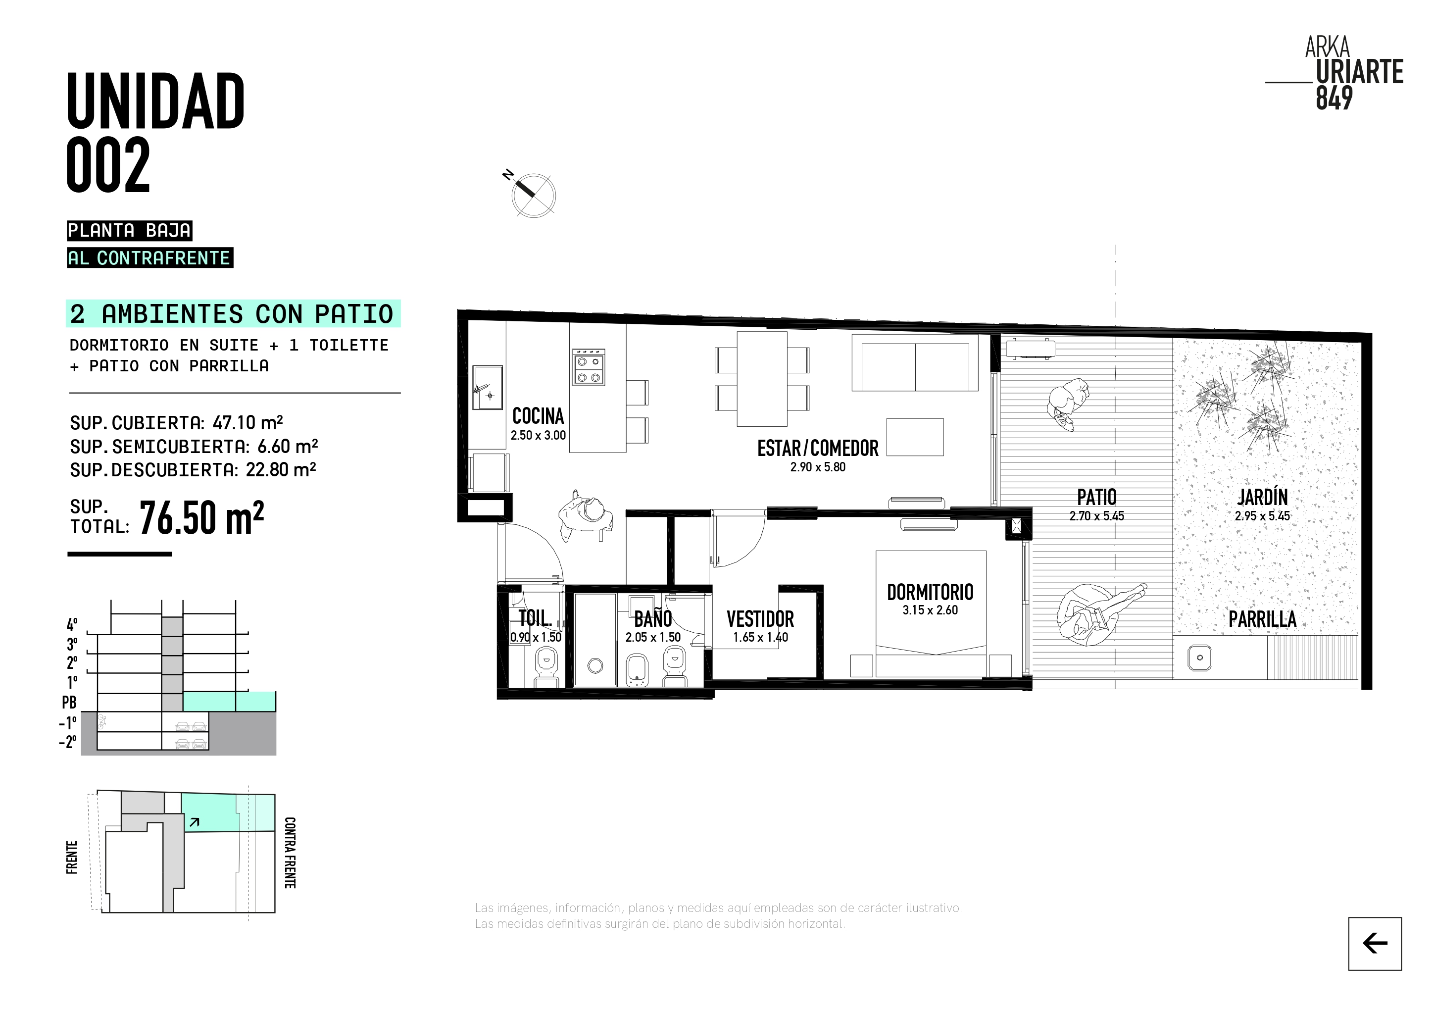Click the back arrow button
click(x=1375, y=943)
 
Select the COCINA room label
click(x=538, y=416)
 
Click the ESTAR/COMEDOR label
click(x=818, y=448)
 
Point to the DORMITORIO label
click(x=930, y=592)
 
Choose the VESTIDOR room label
click(x=760, y=619)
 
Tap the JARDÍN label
click(x=1262, y=497)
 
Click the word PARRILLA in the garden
click(x=1262, y=619)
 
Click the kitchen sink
click(x=488, y=387)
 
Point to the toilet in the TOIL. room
click(x=546, y=666)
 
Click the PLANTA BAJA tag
click(x=129, y=231)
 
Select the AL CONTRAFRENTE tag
click(x=150, y=258)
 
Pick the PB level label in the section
click(x=69, y=702)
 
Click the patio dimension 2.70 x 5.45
click(x=1097, y=516)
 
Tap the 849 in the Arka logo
click(x=1335, y=98)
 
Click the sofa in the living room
click(x=915, y=362)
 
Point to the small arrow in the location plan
click(x=194, y=822)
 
